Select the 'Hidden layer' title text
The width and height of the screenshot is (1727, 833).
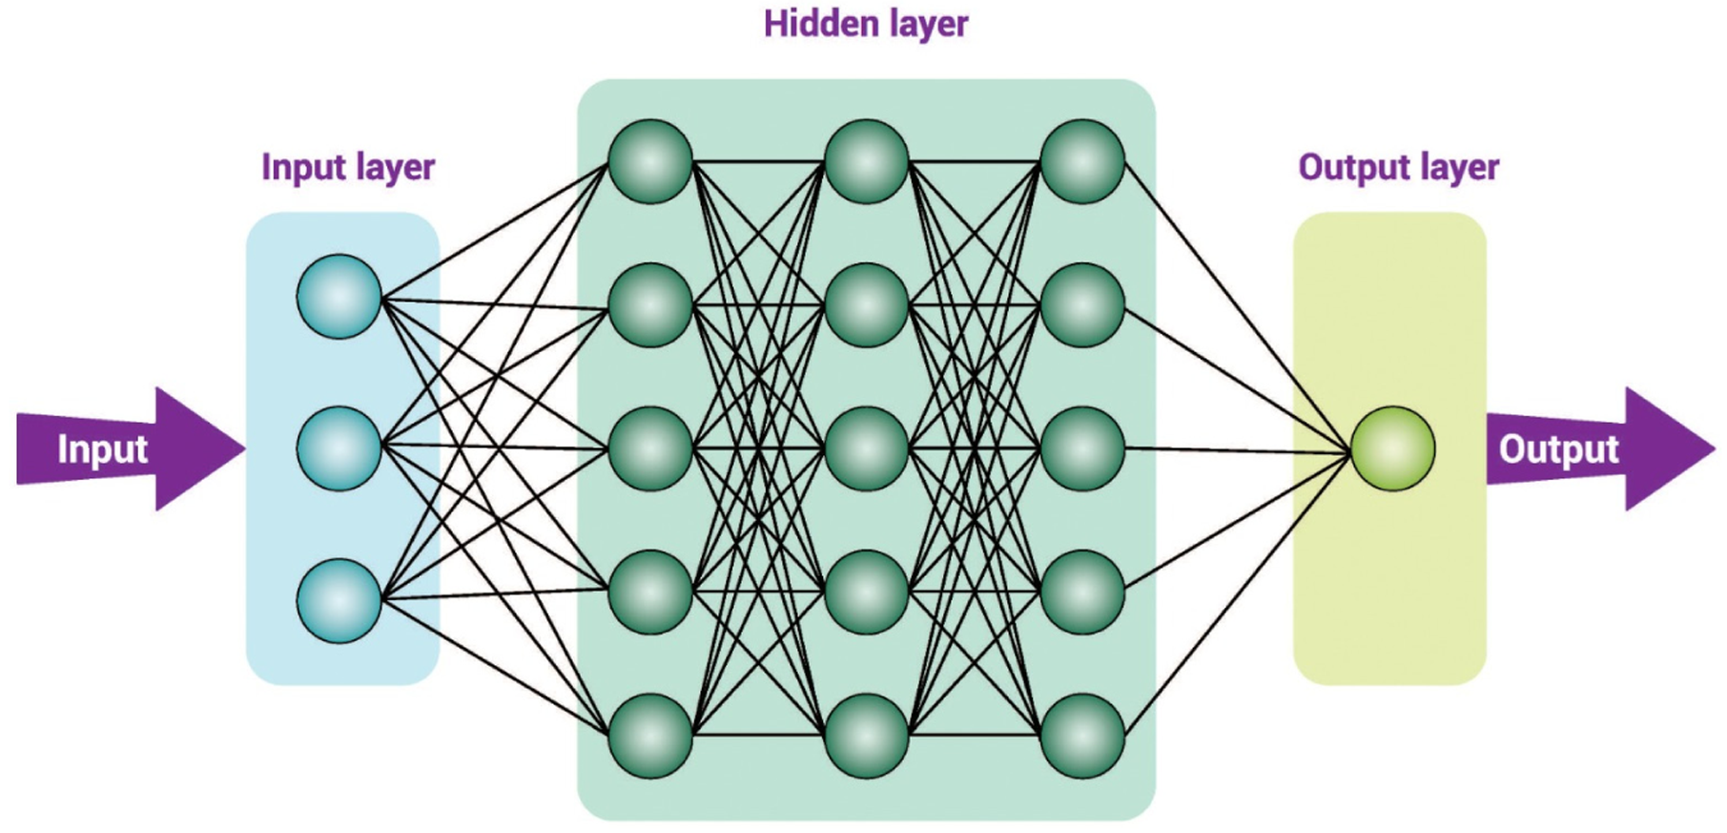[866, 25]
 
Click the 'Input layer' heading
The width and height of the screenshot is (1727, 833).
[348, 168]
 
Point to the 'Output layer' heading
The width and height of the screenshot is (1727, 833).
[1398, 168]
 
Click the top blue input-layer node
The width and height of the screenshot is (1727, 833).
[339, 297]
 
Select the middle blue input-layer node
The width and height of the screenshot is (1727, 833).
[339, 448]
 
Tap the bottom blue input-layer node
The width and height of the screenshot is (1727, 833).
[339, 600]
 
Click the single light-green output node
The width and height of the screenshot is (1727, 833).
[1392, 448]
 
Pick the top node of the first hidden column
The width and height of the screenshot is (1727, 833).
[650, 161]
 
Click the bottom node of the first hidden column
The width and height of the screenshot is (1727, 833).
[650, 736]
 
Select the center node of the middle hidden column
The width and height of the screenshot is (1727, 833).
[866, 448]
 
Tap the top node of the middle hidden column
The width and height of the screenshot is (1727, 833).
[866, 161]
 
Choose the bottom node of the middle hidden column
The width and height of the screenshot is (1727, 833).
[866, 736]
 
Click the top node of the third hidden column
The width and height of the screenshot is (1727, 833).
[1082, 161]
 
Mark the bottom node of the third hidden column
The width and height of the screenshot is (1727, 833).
[1082, 736]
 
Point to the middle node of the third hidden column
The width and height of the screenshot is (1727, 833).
[1082, 448]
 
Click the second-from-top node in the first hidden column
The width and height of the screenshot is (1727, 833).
[650, 305]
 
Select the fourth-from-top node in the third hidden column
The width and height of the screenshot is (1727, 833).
[1082, 593]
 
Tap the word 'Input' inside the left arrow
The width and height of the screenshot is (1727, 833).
[102, 449]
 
